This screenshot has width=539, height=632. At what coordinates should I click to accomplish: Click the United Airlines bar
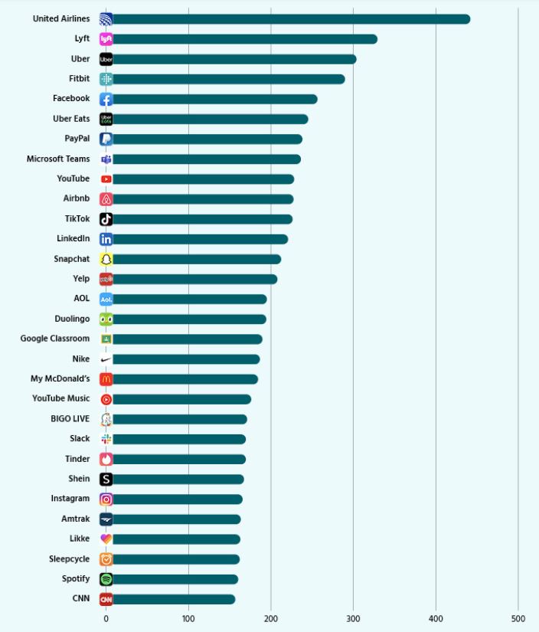coord(291,19)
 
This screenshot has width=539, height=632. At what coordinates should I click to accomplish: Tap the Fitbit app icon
coord(106,79)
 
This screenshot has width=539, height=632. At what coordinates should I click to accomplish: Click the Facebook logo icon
coord(106,99)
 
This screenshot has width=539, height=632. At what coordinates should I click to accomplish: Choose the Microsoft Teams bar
coord(207,159)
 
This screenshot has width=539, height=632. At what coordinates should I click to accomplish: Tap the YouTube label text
coord(73,179)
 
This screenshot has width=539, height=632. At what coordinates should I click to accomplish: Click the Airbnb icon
coord(106,199)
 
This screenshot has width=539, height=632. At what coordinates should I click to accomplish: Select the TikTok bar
coord(203,219)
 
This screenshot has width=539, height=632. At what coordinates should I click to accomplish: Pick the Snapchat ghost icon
coord(106,259)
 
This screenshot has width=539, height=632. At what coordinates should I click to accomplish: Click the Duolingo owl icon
coord(106,319)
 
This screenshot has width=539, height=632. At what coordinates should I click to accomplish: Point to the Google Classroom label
coord(55,339)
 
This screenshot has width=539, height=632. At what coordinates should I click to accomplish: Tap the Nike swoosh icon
coord(106,359)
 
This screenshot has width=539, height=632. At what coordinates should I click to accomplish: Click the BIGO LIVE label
coord(70,419)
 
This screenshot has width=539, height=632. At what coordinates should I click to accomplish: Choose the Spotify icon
coord(106,579)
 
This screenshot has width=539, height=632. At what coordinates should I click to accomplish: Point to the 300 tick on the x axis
coord(353,618)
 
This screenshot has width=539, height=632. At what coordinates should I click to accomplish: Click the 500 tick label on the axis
coord(518,618)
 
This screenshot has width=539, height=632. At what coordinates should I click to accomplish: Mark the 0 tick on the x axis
coord(106,618)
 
